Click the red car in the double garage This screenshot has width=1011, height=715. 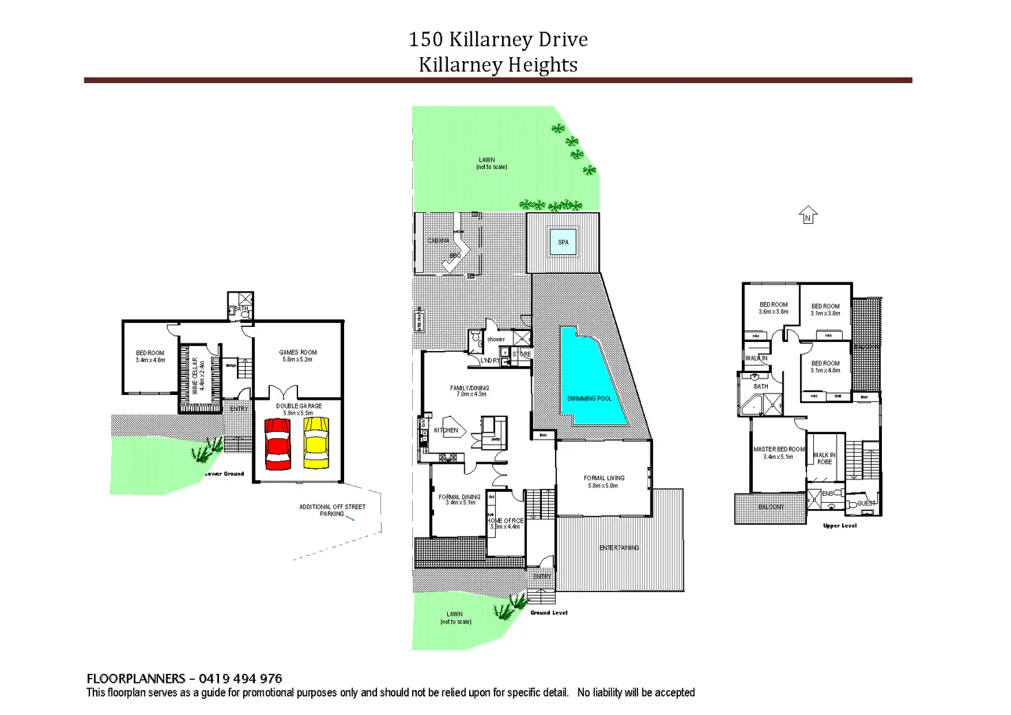coord(277,444)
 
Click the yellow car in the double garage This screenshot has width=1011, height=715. coord(316,444)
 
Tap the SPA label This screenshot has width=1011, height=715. coord(563,242)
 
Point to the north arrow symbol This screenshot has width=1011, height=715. coord(808,216)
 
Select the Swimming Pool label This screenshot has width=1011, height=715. coord(589,398)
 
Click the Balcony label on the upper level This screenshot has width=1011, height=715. coord(771,507)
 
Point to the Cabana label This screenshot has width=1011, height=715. coord(438,240)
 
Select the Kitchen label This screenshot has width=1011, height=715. coord(446,431)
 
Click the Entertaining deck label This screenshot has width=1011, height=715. coord(619,547)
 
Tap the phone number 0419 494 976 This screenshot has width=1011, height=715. coord(240,679)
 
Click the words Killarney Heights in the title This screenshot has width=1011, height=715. coord(498,65)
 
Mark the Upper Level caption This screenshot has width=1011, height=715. coord(839,526)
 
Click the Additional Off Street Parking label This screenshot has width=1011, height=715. coord(332,510)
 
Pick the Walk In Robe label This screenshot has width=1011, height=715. coord(824,458)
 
